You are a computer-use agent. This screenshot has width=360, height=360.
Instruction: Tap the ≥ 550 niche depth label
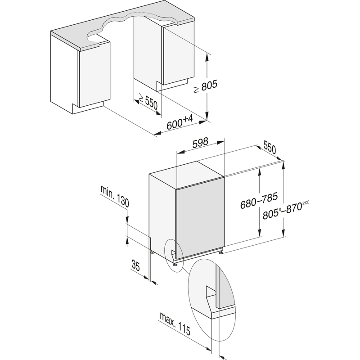click(147, 103)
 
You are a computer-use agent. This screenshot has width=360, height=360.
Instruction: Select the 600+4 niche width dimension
click(180, 122)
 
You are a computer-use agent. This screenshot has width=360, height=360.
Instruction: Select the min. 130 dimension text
click(115, 197)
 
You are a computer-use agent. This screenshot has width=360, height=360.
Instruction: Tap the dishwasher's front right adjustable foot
click(220, 253)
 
